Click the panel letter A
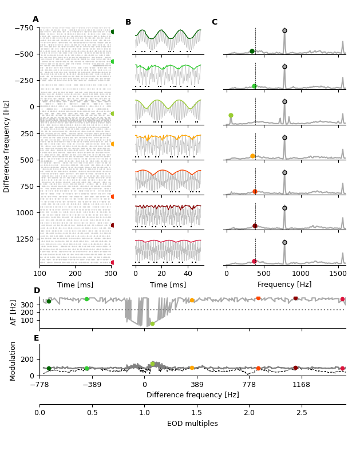tap(35, 19)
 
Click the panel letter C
tap(214, 22)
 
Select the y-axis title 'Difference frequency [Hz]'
tap(7, 146)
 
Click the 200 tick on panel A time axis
tap(76, 275)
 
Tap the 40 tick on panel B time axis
tap(188, 275)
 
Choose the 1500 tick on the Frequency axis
tap(338, 275)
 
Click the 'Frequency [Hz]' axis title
tap(284, 285)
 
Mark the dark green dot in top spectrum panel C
tap(252, 51)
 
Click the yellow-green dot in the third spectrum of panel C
tap(231, 116)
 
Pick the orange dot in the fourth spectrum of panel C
tap(252, 156)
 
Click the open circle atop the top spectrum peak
tap(284, 30)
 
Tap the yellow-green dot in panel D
tap(152, 324)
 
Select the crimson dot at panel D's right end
tap(342, 299)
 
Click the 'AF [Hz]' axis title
tap(14, 313)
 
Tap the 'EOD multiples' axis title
tap(192, 424)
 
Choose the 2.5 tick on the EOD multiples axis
tap(302, 413)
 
